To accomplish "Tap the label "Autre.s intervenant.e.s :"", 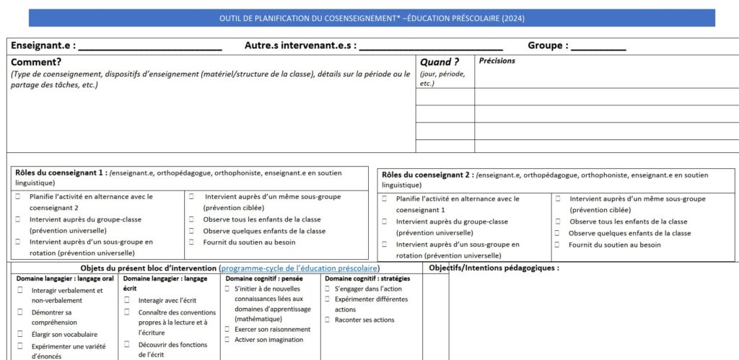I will (300, 45).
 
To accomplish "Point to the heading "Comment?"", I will (36, 62).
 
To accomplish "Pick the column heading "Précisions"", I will (497, 61).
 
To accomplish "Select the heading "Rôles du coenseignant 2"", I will (427, 175).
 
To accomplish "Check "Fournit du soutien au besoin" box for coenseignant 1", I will (193, 242).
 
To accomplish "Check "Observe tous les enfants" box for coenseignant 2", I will (558, 221).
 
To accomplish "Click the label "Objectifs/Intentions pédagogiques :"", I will (494, 268).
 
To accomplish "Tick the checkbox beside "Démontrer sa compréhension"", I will (20, 312).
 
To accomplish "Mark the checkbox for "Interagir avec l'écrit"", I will (127, 299).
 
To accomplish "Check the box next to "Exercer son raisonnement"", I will (227, 330).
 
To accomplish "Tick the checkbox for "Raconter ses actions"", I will (328, 320).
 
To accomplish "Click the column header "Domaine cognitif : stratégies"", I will (367, 278).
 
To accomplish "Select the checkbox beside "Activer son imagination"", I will (227, 340).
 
